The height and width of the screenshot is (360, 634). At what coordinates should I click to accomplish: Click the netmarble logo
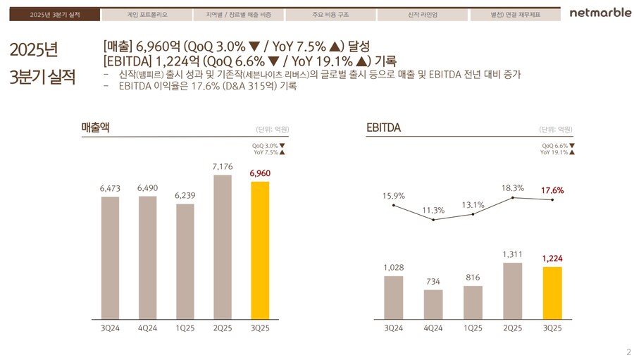[600, 14]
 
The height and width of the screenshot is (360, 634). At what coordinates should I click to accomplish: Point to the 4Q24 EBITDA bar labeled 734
[433, 304]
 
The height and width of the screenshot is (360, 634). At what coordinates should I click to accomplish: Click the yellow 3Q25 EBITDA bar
[552, 293]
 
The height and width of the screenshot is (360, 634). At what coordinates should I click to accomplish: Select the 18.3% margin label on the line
[513, 187]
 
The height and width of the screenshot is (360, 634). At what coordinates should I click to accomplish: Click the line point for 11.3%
[433, 220]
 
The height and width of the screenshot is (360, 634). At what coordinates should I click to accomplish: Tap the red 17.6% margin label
[552, 190]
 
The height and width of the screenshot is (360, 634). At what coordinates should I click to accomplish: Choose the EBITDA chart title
[383, 128]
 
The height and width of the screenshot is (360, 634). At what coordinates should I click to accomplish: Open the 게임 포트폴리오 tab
[140, 14]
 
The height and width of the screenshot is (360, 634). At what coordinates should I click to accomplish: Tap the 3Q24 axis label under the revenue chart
[110, 328]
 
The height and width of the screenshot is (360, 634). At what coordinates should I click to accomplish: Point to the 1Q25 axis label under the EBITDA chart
[473, 328]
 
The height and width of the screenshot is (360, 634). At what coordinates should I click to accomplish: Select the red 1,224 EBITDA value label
[552, 259]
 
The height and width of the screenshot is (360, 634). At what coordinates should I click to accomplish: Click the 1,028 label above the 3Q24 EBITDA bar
[394, 267]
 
